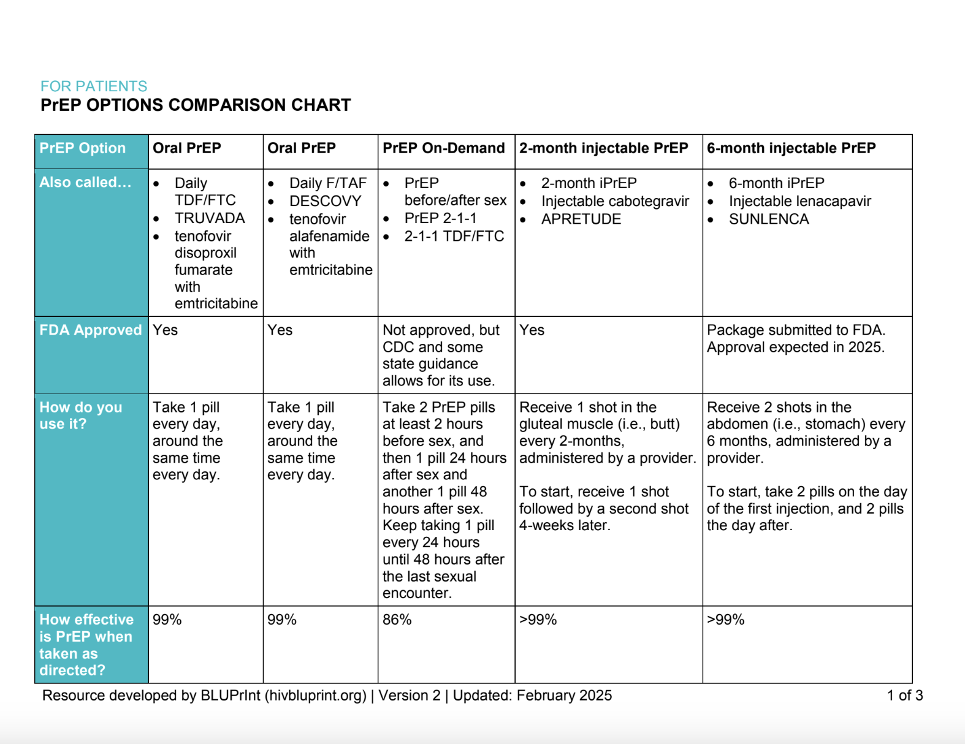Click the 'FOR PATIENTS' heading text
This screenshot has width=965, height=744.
[x=94, y=86]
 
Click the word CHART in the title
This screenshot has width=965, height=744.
[x=321, y=105]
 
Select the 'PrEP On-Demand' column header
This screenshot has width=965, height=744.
[x=443, y=148]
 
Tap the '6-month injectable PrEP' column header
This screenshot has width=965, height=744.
[x=791, y=148]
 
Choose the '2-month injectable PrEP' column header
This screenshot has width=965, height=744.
[x=603, y=148]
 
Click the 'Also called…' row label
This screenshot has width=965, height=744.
[x=85, y=183]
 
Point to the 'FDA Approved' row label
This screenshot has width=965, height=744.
[x=90, y=330]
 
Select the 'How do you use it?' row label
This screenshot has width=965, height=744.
[x=80, y=416]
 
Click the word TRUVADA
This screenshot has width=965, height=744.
[x=209, y=218]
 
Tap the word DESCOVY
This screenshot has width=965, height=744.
[x=325, y=201]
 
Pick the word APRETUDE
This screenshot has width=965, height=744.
[x=581, y=219]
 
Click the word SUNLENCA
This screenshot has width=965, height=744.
[x=768, y=219]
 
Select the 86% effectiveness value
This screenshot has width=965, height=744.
[x=397, y=620]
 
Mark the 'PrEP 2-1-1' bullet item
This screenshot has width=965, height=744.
[x=440, y=218]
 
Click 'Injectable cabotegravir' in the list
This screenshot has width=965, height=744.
[x=614, y=201]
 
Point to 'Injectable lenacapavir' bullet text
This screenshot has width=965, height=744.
[x=799, y=201]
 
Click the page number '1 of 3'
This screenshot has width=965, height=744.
[x=904, y=696]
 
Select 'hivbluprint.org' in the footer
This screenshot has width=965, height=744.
[x=315, y=696]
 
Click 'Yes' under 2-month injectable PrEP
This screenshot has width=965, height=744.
[x=532, y=330]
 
